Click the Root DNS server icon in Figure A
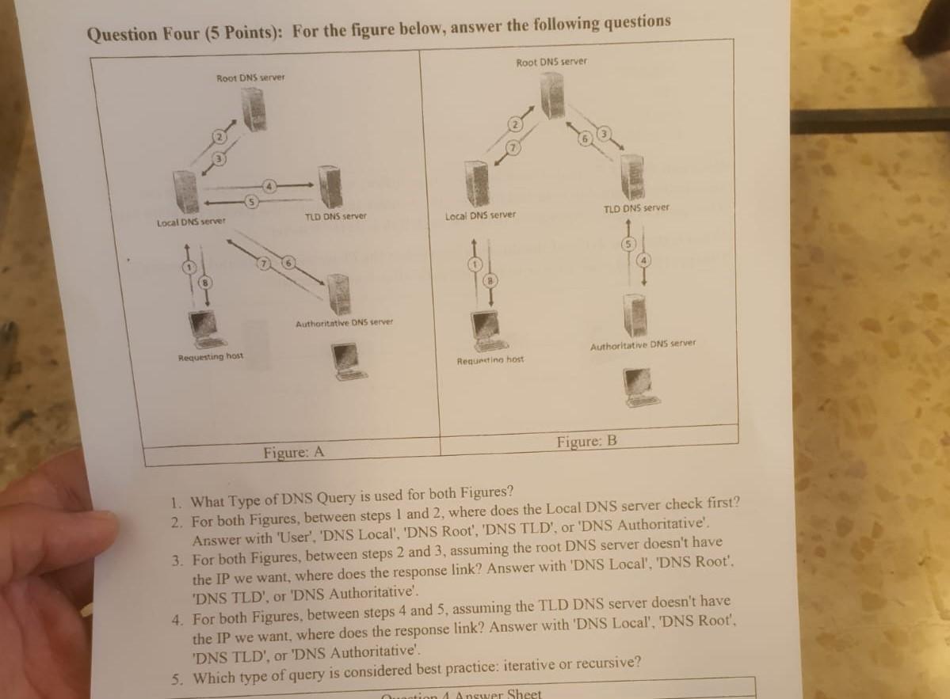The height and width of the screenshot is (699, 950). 254,110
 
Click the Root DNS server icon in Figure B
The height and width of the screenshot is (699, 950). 552,95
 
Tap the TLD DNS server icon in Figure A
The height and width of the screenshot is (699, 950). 330,188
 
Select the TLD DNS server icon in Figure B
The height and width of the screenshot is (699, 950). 631,177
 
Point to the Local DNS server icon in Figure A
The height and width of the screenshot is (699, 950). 186,192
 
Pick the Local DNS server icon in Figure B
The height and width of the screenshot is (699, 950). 476,184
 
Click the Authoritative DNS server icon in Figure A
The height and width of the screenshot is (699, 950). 340,294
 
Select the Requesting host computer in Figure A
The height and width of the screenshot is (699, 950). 204,329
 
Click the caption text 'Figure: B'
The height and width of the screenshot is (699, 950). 586,441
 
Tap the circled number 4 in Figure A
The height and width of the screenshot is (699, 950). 269,186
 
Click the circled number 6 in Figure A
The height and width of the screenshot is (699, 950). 289,263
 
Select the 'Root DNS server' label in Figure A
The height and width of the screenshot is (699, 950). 250,77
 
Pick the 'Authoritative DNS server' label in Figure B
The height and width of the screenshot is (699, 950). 643,344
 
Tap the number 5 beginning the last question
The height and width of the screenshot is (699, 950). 179,678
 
